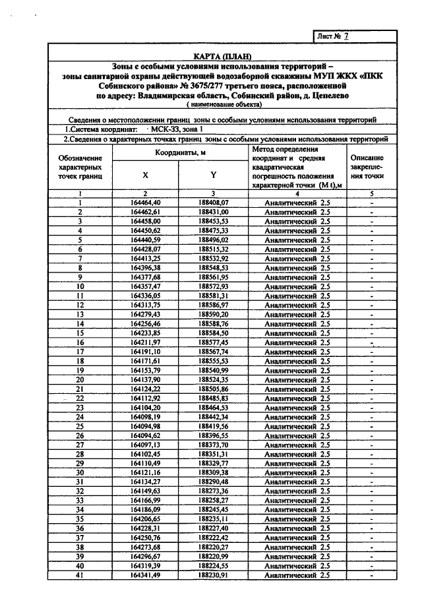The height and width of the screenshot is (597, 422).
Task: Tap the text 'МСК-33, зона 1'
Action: pyautogui.click(x=179, y=130)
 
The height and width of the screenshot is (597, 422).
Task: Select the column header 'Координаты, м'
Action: pyautogui.click(x=179, y=152)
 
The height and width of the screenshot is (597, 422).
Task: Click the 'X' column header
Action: pyautogui.click(x=145, y=175)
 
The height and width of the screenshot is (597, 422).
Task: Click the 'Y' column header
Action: pyautogui.click(x=213, y=175)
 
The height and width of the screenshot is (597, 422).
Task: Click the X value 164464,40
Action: pyautogui.click(x=146, y=202)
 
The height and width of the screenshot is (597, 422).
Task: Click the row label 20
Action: pyautogui.click(x=80, y=380)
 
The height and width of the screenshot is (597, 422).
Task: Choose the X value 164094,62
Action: pyautogui.click(x=146, y=436)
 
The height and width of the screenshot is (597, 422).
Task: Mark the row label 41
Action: pyautogui.click(x=80, y=576)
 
